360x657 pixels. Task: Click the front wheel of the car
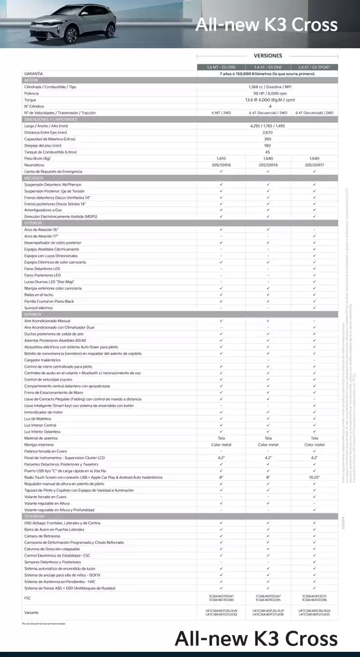(x=71, y=35)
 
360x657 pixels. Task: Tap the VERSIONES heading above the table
(x=267, y=56)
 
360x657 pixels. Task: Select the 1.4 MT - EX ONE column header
(x=221, y=67)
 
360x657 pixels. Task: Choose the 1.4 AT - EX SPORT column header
(x=314, y=67)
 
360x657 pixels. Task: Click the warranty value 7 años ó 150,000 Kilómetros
(x=267, y=74)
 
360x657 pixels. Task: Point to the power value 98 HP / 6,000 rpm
(x=267, y=93)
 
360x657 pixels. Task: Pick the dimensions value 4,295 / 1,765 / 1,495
(x=267, y=126)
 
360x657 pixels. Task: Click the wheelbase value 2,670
(x=267, y=132)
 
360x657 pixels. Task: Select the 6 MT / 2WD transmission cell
(x=221, y=113)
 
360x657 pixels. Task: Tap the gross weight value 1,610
(x=221, y=158)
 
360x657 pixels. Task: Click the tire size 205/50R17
(x=314, y=165)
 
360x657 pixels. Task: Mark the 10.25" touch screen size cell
(x=314, y=478)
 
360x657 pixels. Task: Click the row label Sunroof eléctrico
(x=39, y=308)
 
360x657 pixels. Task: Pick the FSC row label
(x=27, y=598)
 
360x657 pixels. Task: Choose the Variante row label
(x=31, y=612)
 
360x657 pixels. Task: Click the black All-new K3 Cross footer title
(x=255, y=639)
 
